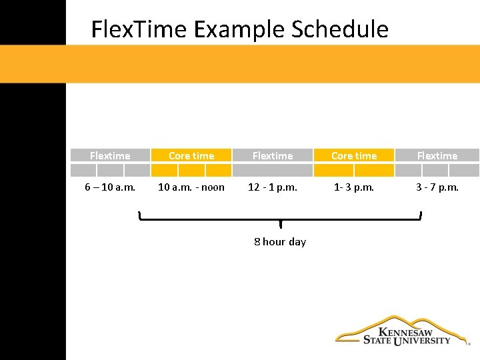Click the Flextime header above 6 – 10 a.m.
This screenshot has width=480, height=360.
(110, 155)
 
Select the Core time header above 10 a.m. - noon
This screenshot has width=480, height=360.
(191, 155)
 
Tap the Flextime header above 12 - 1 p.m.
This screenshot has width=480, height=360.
(272, 155)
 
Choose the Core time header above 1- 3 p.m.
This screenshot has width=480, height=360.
(354, 155)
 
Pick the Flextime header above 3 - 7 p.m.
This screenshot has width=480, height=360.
(437, 155)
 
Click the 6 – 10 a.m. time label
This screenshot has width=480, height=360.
(110, 187)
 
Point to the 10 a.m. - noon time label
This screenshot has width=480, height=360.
(191, 187)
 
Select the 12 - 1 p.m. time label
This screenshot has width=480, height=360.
(273, 187)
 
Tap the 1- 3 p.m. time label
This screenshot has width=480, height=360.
(354, 187)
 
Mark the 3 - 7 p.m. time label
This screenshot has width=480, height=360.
(437, 187)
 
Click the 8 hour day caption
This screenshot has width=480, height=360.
(280, 241)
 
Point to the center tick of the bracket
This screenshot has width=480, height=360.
(281, 223)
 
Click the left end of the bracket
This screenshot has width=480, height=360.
(139, 215)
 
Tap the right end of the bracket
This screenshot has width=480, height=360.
(421, 215)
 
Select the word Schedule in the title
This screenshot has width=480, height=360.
(340, 29)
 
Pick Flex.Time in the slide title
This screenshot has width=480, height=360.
(140, 29)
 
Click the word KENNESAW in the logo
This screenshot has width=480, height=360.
(405, 331)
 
